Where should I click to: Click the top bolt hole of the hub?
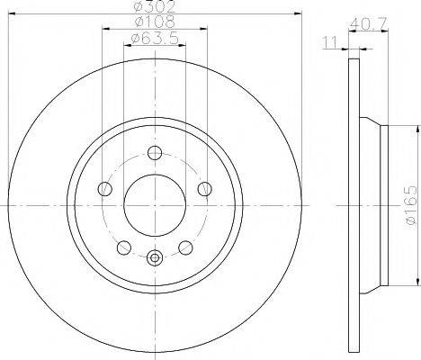pyautogui.click(x=155, y=152)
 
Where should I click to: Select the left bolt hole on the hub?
pyautogui.click(x=104, y=188)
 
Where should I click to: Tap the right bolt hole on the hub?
pyautogui.click(x=205, y=188)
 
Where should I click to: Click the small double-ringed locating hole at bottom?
pyautogui.click(x=155, y=259)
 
